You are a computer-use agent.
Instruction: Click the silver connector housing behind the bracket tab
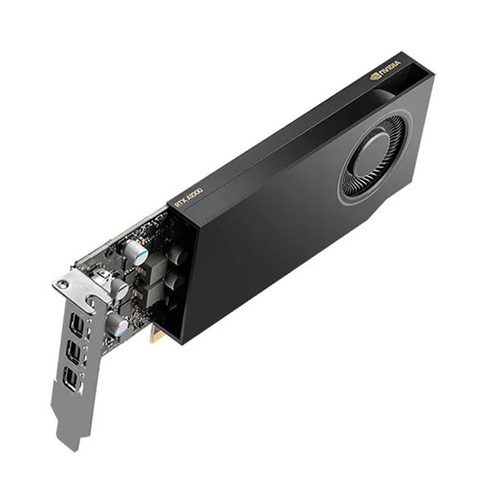[103, 277]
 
